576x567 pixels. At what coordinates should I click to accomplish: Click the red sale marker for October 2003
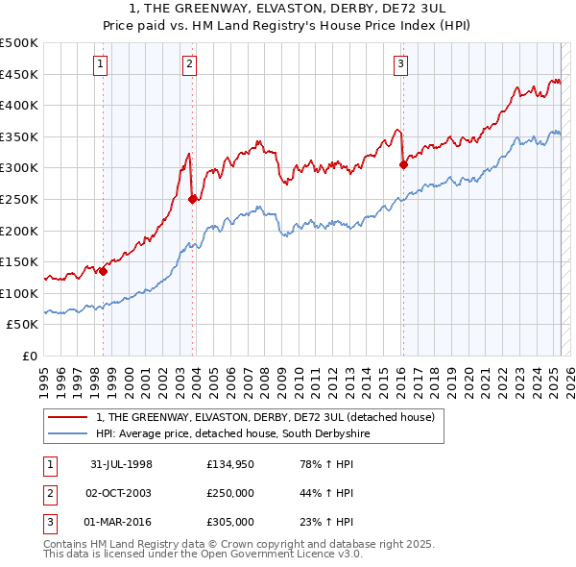(x=193, y=199)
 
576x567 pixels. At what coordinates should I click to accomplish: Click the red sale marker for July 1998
(x=104, y=271)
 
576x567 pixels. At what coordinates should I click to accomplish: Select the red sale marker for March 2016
(x=403, y=164)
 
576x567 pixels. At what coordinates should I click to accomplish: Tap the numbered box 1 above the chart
(x=101, y=64)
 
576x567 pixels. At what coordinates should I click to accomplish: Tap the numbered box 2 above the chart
(x=190, y=64)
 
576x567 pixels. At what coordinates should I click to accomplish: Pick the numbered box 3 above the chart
(x=400, y=64)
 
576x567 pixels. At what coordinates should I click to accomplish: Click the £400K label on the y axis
(x=19, y=106)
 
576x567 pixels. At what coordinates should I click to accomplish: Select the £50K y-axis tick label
(x=23, y=325)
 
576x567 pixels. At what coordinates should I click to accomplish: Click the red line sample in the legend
(x=68, y=417)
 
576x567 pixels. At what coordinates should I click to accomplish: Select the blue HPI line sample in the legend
(x=68, y=434)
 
